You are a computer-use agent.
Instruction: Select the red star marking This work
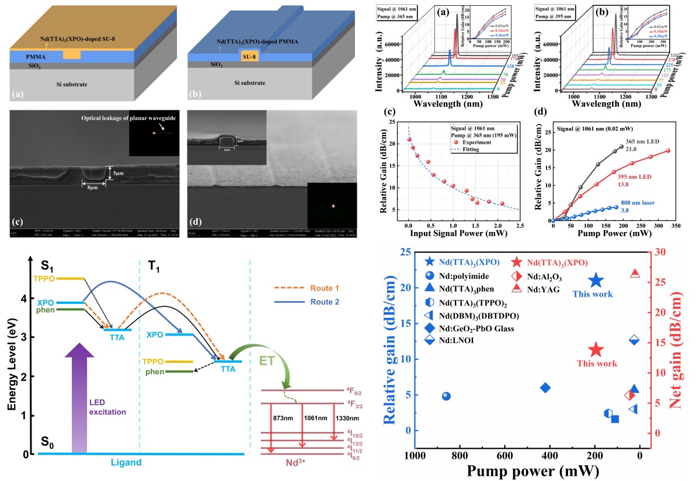(596, 350)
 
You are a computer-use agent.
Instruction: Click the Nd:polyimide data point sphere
(447, 396)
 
